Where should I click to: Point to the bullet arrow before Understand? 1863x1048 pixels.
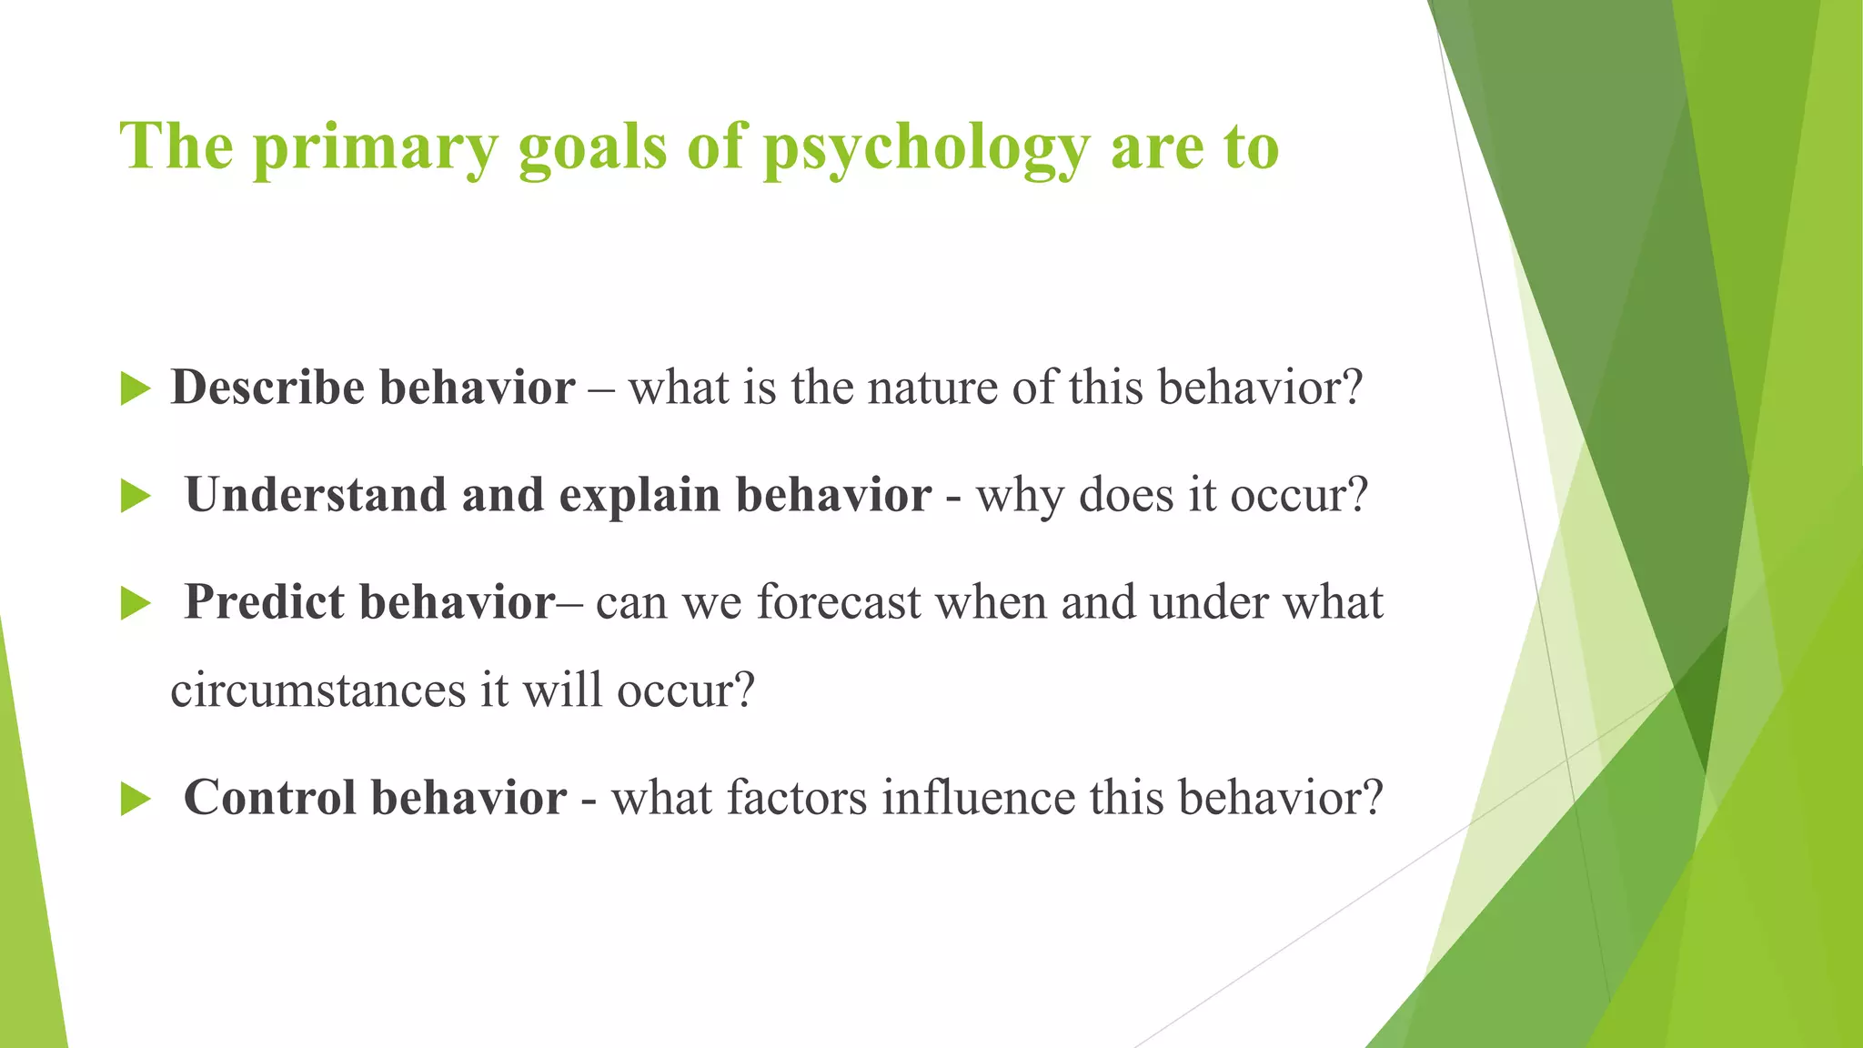[x=135, y=497]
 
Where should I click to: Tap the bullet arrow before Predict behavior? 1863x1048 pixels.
[x=135, y=603]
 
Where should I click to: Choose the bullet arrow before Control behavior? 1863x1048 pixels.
[x=135, y=800]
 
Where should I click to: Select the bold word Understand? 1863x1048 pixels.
[x=315, y=496]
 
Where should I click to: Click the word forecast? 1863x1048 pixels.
[x=838, y=603]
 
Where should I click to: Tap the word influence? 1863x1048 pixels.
[x=978, y=798]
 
